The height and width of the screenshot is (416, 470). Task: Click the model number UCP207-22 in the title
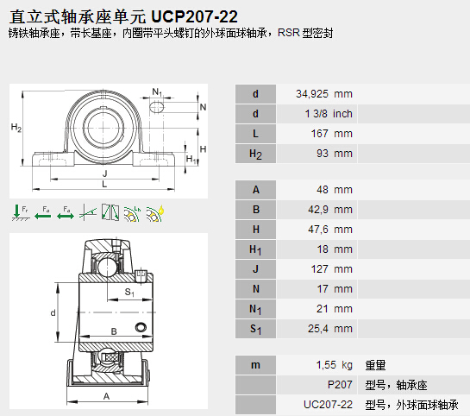194,16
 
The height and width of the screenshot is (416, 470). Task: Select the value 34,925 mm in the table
324,94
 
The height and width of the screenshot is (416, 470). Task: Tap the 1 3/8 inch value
329,114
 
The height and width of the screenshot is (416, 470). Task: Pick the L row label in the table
255,134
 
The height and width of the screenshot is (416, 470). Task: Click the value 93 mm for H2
335,154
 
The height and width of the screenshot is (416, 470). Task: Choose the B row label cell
255,210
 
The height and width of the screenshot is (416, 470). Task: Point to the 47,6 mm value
330,230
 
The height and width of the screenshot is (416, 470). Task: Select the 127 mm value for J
331,269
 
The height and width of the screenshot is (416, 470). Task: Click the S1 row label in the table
255,329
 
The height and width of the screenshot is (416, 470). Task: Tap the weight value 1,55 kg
335,365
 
